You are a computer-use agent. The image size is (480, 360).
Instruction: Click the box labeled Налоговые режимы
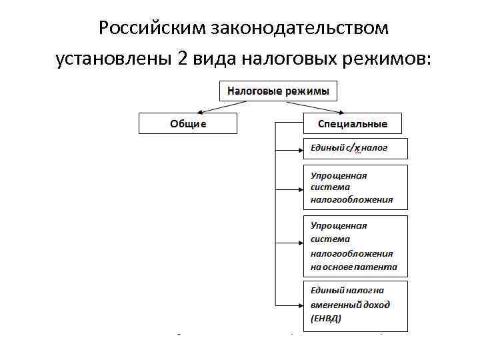(278, 91)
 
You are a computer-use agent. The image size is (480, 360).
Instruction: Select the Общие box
(188, 123)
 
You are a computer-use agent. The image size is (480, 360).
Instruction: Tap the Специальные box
(353, 123)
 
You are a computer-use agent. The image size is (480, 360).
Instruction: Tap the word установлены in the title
(114, 59)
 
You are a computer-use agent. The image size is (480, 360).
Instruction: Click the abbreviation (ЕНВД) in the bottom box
(326, 318)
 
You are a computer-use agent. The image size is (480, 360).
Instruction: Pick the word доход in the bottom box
(376, 304)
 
